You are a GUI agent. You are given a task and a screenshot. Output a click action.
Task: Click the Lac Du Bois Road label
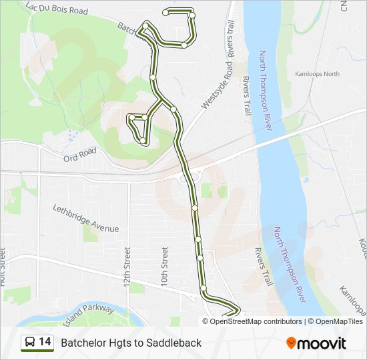click(x=57, y=9)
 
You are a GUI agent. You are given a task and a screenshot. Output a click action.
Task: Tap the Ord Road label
click(x=80, y=155)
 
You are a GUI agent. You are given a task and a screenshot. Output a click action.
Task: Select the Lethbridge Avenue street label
click(x=85, y=218)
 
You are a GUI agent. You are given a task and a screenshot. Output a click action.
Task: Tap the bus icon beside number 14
click(x=29, y=343)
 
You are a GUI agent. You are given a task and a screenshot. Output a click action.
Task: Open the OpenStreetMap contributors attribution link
click(x=256, y=321)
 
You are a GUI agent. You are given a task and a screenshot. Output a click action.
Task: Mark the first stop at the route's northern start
click(x=166, y=12)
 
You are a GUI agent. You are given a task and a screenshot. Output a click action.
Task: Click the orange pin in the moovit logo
click(x=292, y=343)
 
